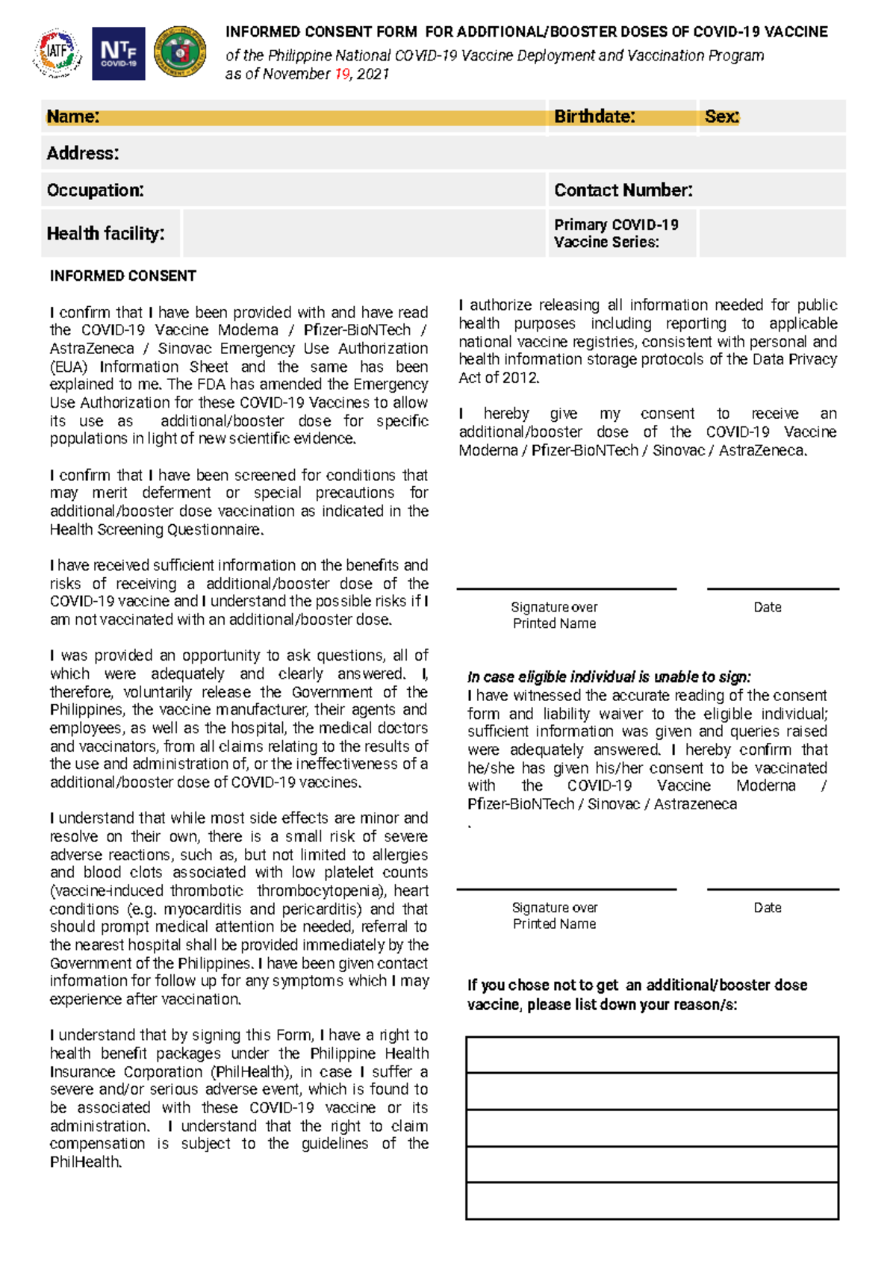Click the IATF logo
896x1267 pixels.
click(57, 53)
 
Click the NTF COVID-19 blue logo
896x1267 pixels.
click(118, 53)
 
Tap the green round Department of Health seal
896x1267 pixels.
click(179, 52)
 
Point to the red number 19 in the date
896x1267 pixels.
click(342, 74)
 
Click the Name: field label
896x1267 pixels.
click(72, 116)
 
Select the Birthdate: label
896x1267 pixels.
click(594, 116)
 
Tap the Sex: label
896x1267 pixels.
click(721, 116)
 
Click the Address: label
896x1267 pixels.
click(83, 153)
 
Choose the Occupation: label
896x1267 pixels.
click(95, 190)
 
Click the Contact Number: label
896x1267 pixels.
click(623, 190)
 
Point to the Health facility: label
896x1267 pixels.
click(105, 234)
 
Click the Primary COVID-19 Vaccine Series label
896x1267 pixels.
click(615, 233)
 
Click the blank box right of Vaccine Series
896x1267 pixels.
click(771, 233)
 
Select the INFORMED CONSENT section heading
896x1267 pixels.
click(122, 276)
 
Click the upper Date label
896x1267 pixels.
click(767, 607)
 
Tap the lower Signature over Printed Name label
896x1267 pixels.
click(554, 915)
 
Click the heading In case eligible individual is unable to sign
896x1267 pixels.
click(609, 677)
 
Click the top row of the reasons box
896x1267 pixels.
click(652, 1055)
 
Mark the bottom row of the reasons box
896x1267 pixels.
click(652, 1201)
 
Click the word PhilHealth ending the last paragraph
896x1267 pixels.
click(85, 1162)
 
